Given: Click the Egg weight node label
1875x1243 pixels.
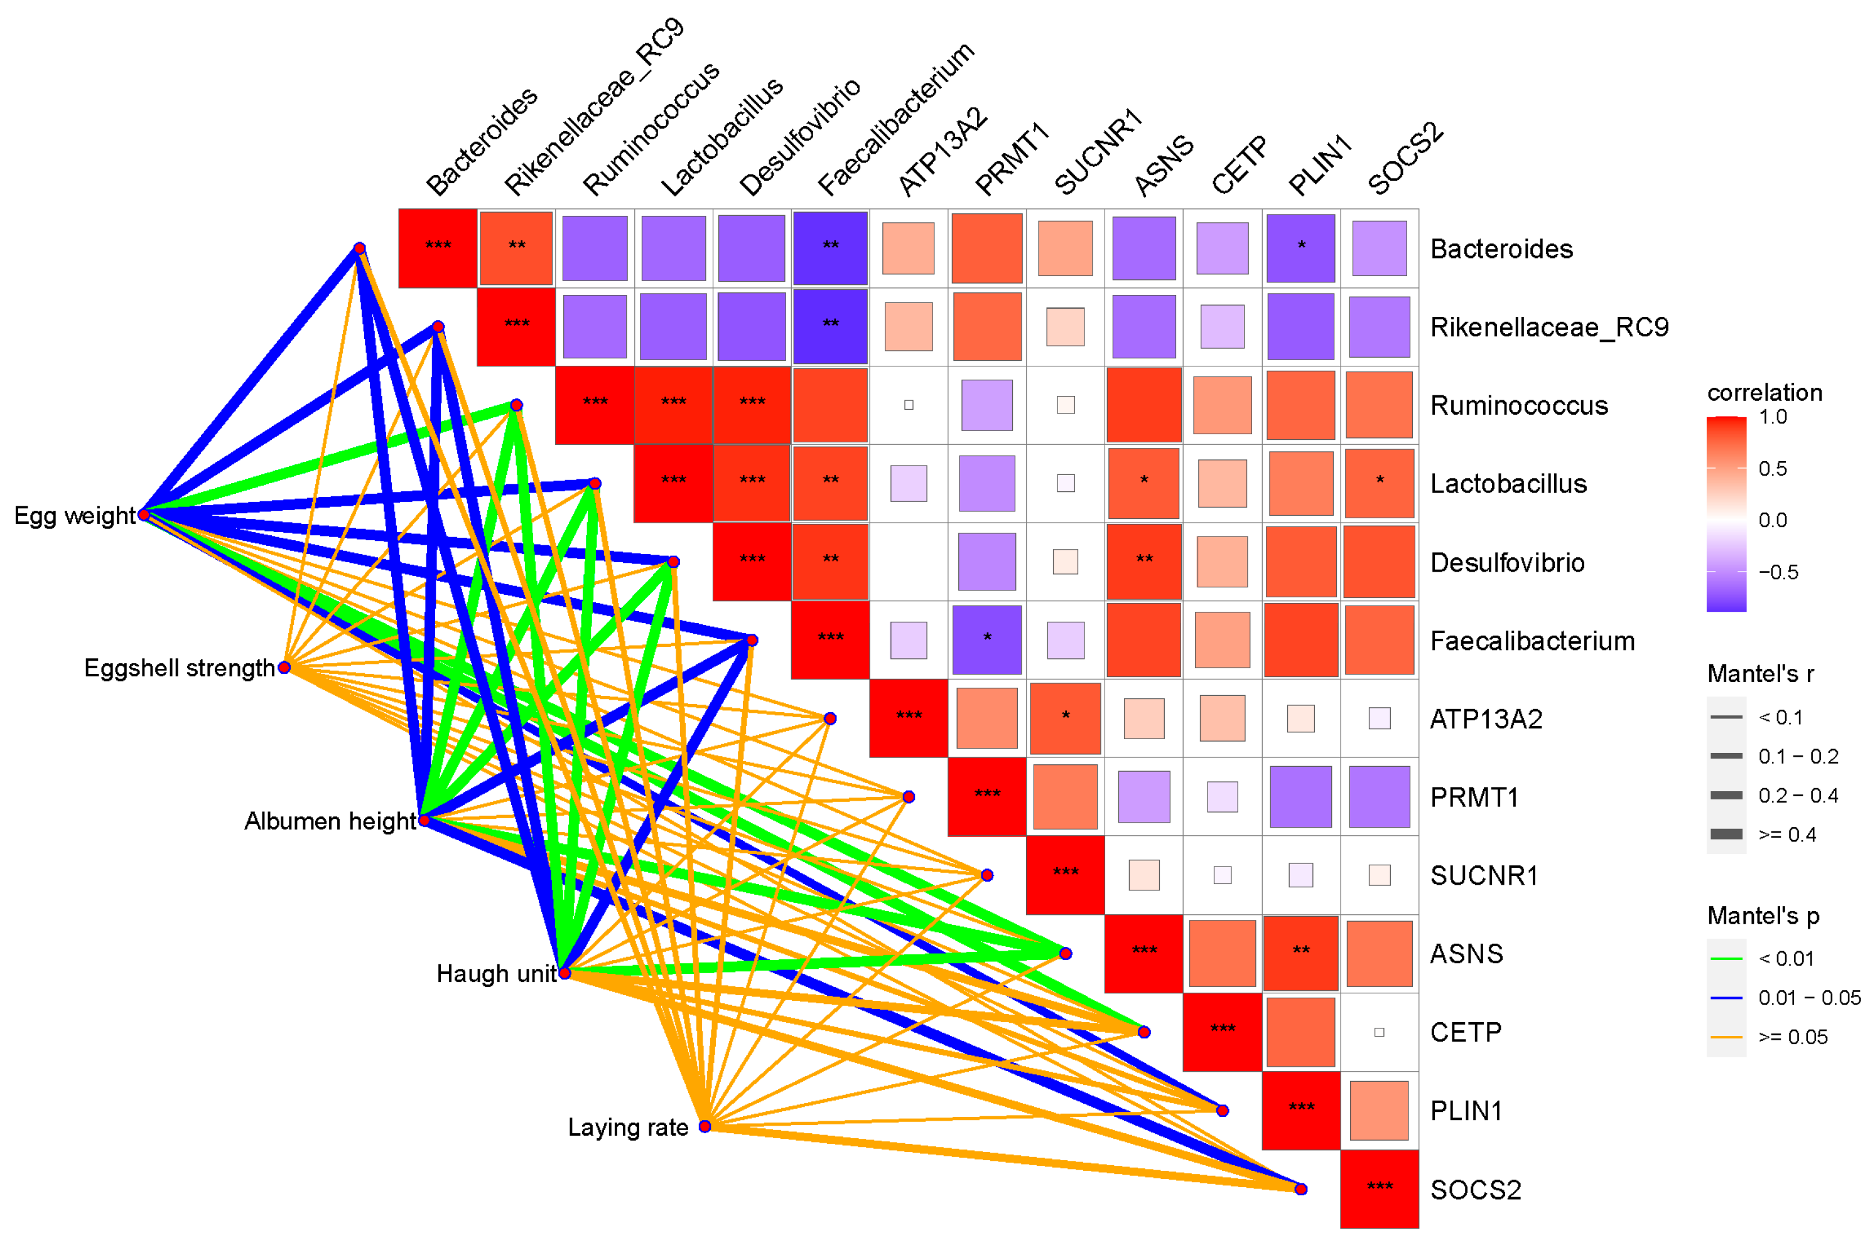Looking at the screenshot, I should coord(75,516).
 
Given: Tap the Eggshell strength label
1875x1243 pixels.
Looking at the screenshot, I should coord(179,668).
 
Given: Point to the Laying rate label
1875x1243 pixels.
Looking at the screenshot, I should coord(627,1128).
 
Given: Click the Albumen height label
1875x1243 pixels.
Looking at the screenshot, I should coord(329,821).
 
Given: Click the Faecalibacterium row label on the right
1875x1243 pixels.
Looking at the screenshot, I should coord(1532,641).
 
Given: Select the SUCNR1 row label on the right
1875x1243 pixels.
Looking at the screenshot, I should coord(1483,875).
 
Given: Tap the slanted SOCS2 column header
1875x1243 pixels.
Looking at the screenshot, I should coord(1405,159).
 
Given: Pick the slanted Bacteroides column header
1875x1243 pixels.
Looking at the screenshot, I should coord(482,142).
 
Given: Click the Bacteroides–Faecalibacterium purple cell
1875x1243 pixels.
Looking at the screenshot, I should coord(829,247).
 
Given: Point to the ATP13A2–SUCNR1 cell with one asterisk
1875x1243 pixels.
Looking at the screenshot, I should coord(1064,717).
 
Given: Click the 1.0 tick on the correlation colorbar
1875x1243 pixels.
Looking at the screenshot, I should coord(1772,417).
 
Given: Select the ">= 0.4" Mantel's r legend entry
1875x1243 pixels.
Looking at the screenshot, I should coord(1786,835).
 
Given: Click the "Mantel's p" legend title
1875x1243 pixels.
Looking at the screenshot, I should coord(1763,916).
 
